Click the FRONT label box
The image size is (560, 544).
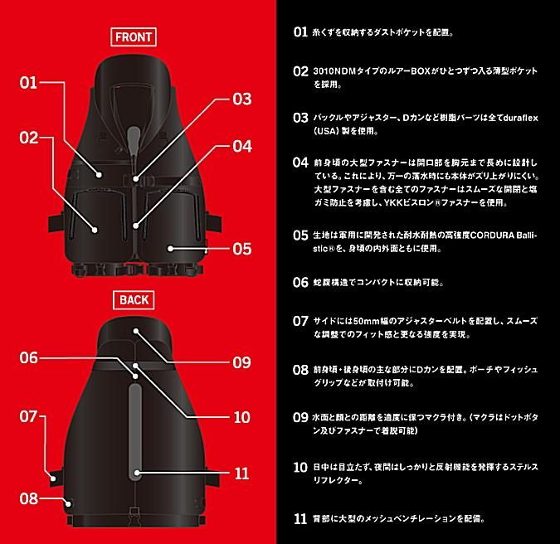134,36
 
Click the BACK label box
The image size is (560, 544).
134,300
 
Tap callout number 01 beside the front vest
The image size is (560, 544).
28,83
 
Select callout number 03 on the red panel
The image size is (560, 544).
241,99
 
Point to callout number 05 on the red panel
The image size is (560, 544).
241,249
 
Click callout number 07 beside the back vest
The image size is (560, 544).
28,416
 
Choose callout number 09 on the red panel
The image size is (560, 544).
241,362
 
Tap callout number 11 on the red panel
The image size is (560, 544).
241,474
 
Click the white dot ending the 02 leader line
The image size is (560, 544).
95,230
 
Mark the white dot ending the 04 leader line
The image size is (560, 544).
136,226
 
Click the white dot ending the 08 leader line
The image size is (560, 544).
68,504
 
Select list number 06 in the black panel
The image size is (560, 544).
300,283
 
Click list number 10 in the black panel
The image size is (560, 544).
300,467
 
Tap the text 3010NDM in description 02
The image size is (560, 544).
335,71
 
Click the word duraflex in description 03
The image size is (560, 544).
520,118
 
